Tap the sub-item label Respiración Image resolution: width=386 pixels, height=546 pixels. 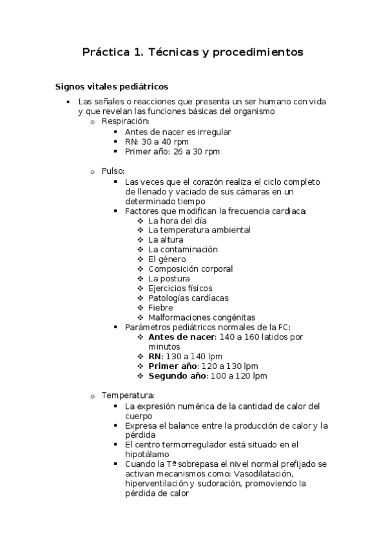tap(125, 121)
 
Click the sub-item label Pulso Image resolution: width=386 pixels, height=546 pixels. tap(113, 171)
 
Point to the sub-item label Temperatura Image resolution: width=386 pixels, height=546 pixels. tap(127, 395)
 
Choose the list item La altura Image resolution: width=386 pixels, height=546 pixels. tap(166, 240)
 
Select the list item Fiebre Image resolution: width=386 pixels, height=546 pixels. tap(160, 308)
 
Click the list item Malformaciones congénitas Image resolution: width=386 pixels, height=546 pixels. tap(202, 317)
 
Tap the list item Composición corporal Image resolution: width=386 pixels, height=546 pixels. tap(190, 268)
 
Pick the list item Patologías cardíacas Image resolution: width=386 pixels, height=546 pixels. tap(188, 298)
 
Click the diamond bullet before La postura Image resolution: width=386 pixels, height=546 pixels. tap(140, 279)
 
